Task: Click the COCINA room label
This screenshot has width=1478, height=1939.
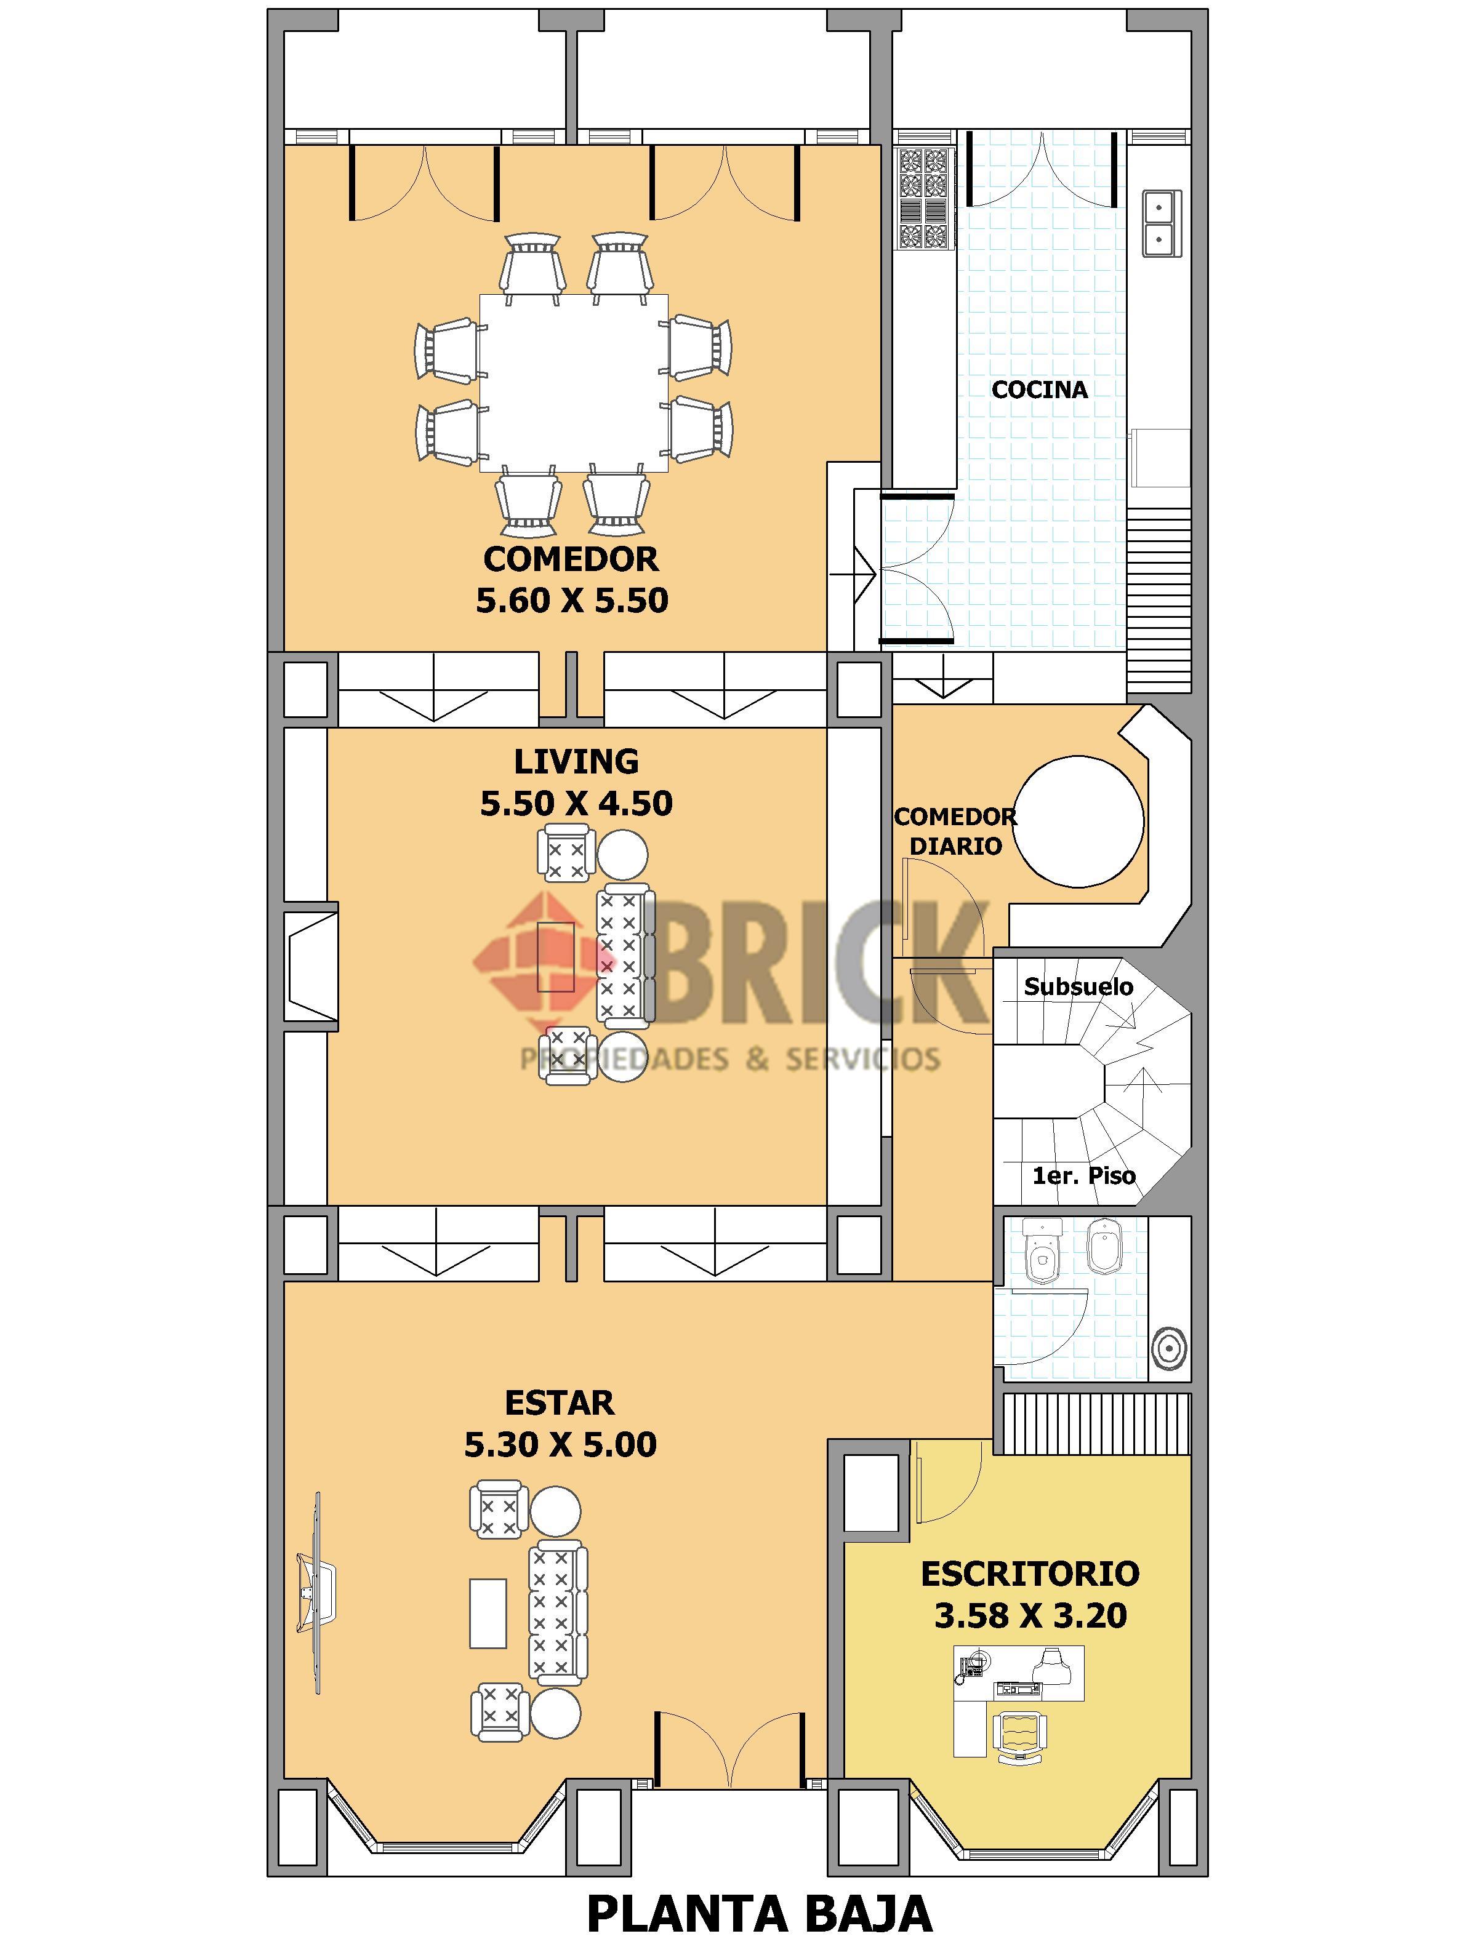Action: point(1039,390)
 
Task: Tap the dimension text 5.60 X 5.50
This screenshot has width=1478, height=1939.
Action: point(572,601)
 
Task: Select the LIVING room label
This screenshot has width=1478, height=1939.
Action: point(576,761)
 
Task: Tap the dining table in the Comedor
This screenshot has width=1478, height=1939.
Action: point(572,383)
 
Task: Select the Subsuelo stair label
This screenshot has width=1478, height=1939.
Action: point(1078,986)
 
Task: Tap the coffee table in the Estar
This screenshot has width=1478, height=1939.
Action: point(488,1613)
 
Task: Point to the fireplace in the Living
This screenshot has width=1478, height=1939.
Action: point(312,966)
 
